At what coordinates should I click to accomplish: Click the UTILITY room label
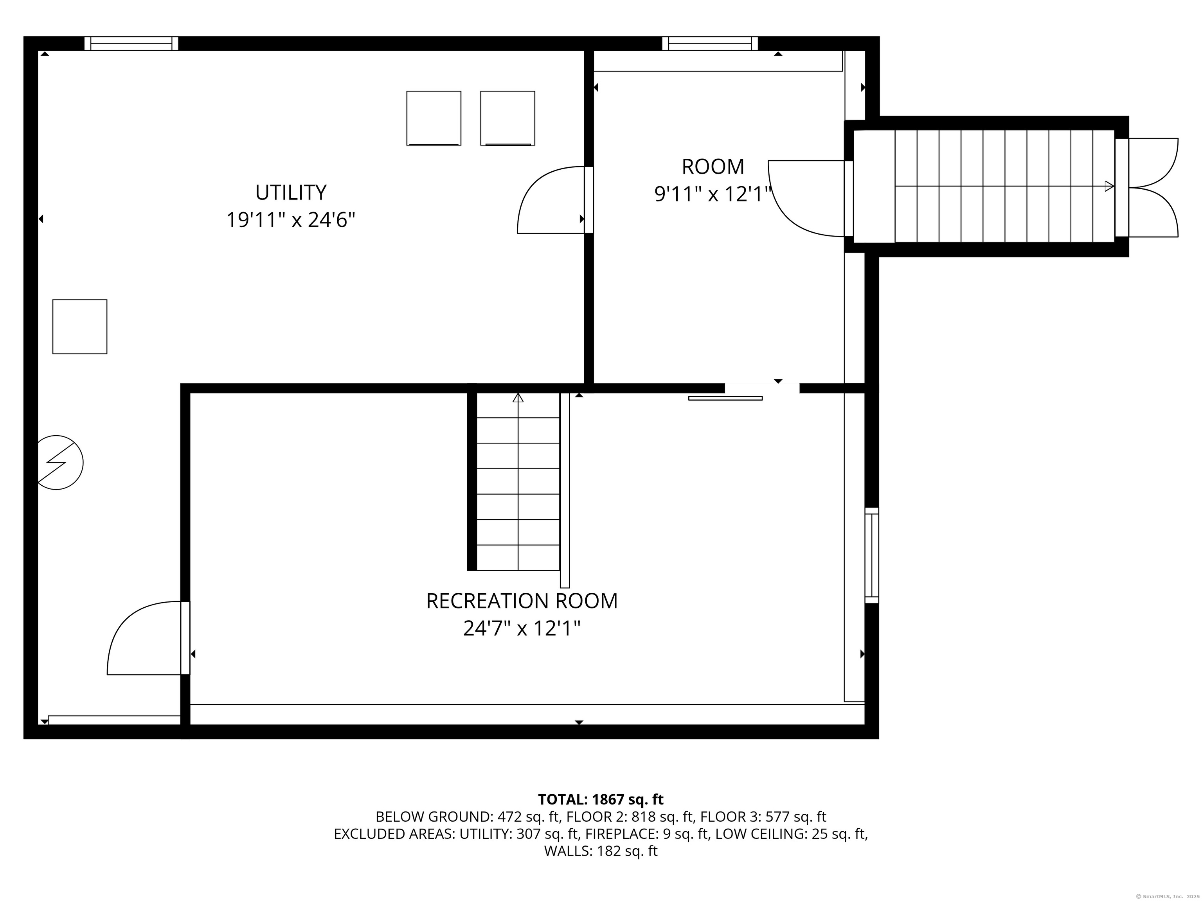pyautogui.click(x=291, y=192)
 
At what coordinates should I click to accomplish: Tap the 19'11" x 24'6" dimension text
pyautogui.click(x=291, y=220)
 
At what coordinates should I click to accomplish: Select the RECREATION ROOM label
pyautogui.click(x=522, y=601)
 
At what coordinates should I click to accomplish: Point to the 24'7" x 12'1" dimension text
pyautogui.click(x=522, y=629)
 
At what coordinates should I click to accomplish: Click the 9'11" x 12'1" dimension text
pyautogui.click(x=713, y=194)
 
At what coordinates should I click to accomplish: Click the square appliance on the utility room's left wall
pyautogui.click(x=80, y=327)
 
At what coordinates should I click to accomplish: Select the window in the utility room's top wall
pyautogui.click(x=131, y=43)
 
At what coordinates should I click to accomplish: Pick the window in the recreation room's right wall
pyautogui.click(x=872, y=555)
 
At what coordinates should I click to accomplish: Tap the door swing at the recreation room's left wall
pyautogui.click(x=148, y=638)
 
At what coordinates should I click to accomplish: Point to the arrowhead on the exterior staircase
pyautogui.click(x=1110, y=186)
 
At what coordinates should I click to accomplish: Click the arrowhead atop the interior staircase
pyautogui.click(x=518, y=398)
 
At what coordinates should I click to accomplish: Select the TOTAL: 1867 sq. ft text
pyautogui.click(x=601, y=799)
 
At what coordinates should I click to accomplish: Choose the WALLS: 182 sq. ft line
pyautogui.click(x=601, y=851)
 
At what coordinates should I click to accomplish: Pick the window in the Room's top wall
pyautogui.click(x=710, y=43)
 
